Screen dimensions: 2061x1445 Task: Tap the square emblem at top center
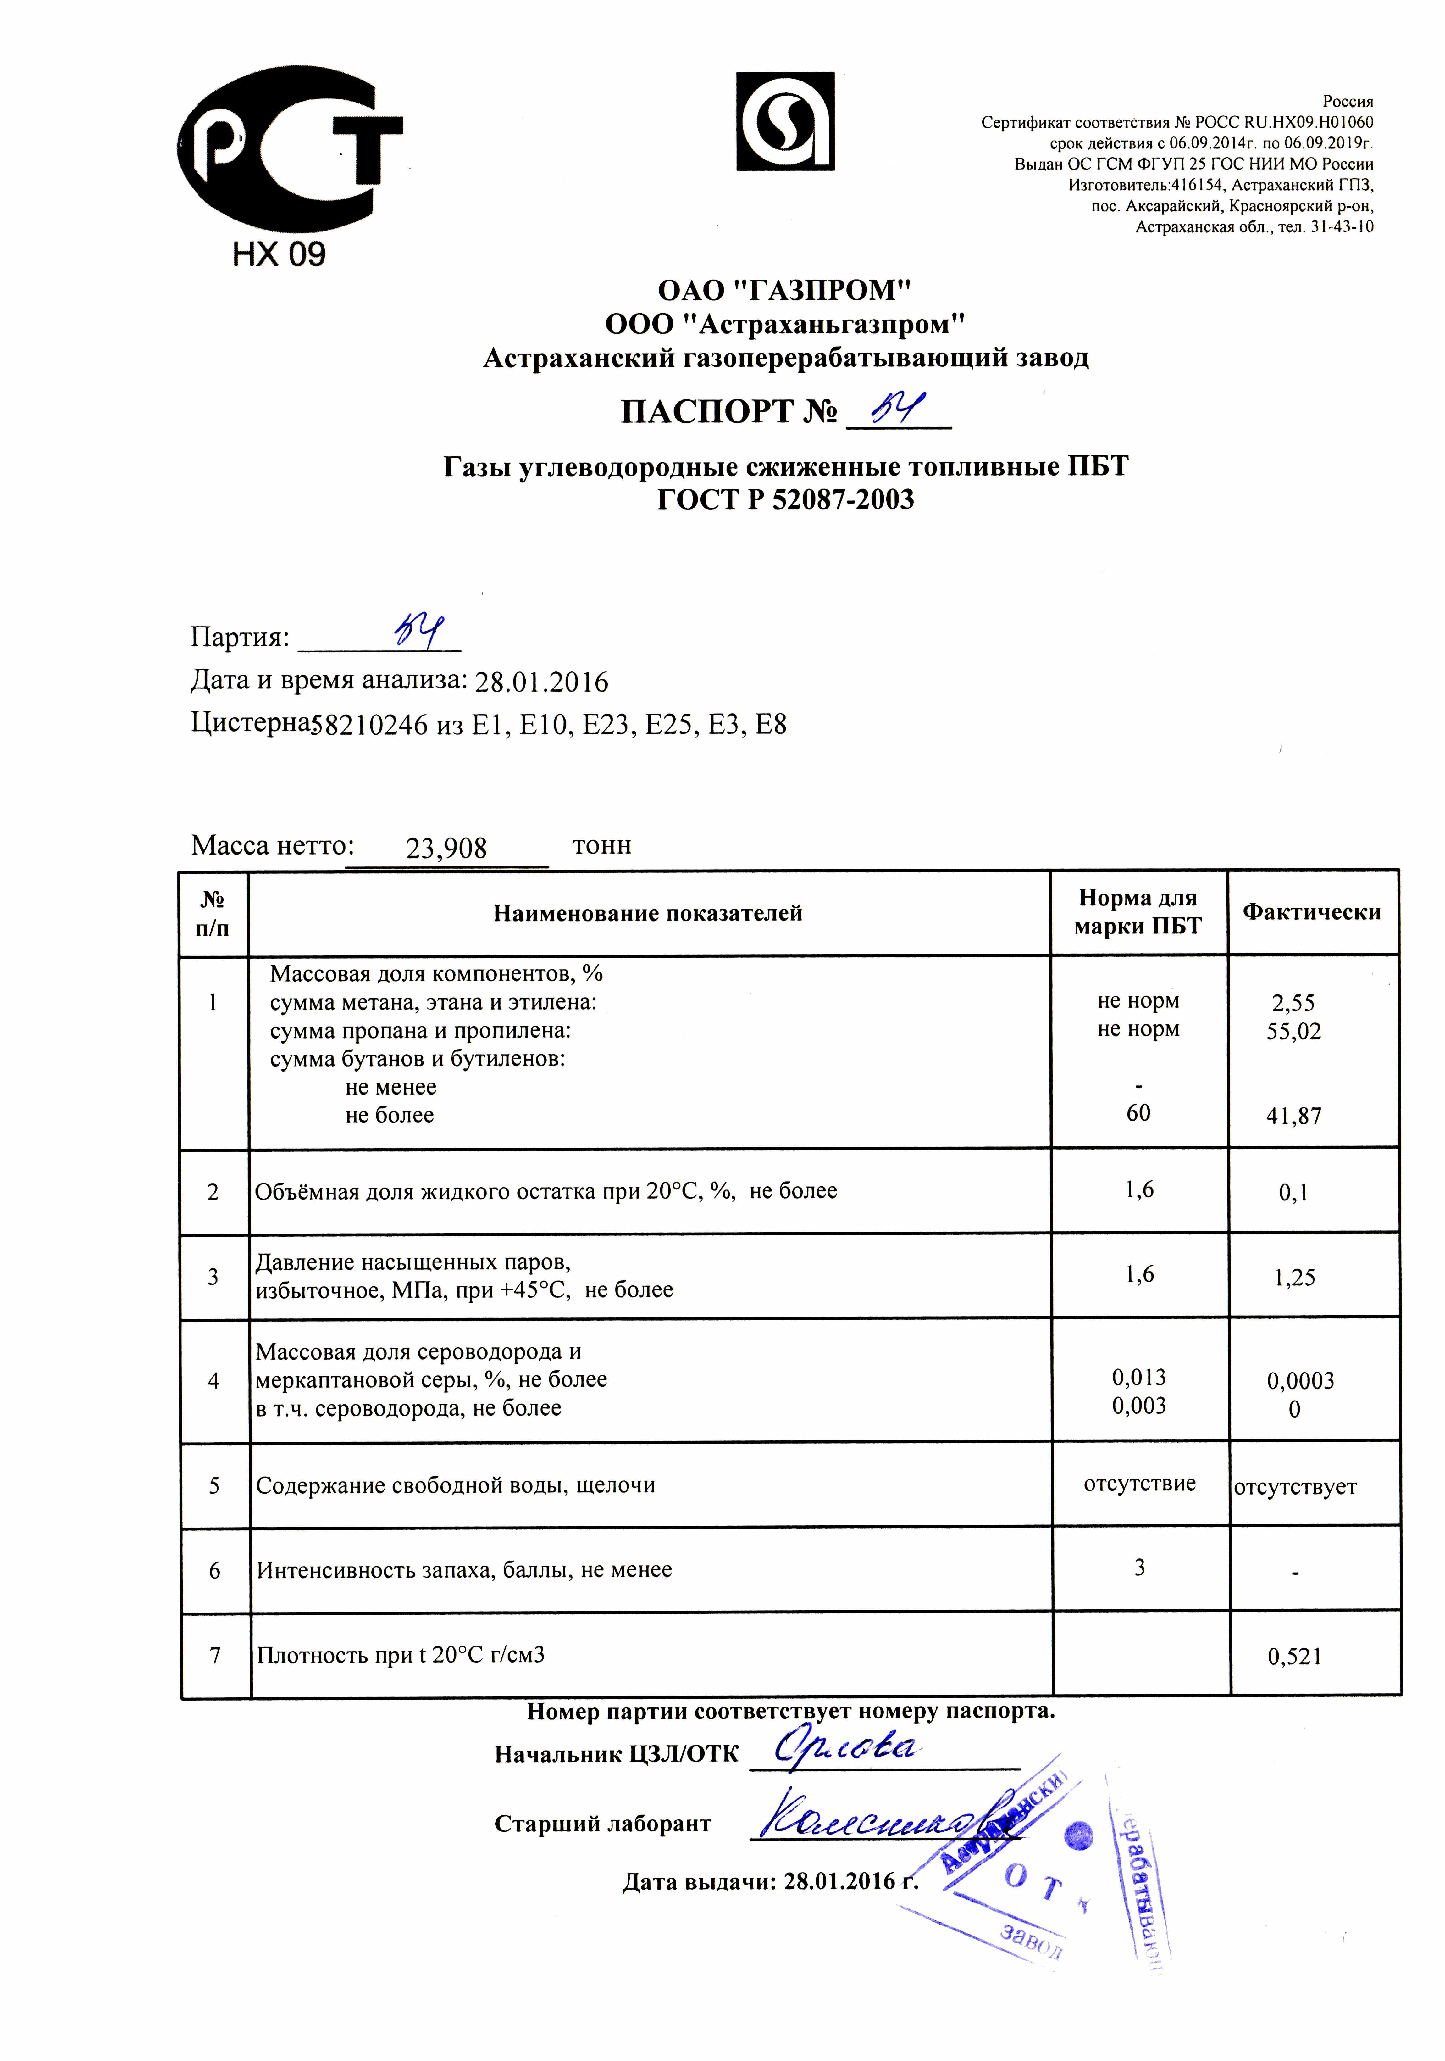pos(785,121)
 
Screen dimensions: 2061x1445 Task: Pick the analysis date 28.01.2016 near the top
pos(541,682)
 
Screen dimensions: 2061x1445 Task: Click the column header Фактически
pos(1311,912)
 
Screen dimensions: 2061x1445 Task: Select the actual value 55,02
pos(1293,1031)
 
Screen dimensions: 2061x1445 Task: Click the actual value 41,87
pos(1293,1116)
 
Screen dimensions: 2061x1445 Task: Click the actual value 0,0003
pos(1300,1381)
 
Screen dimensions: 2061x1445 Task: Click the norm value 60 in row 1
pos(1138,1113)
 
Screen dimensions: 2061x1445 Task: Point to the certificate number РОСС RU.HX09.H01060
pos(1283,122)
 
